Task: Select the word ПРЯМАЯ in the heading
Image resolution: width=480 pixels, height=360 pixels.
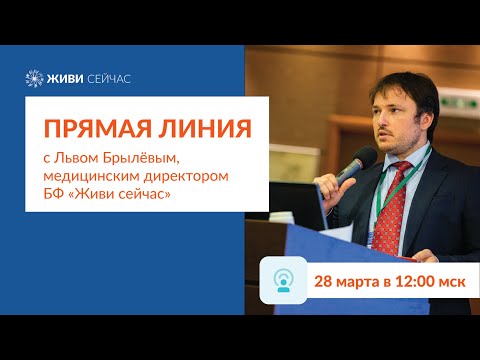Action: pyautogui.click(x=91, y=126)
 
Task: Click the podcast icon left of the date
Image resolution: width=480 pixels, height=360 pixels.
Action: pyautogui.click(x=283, y=280)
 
